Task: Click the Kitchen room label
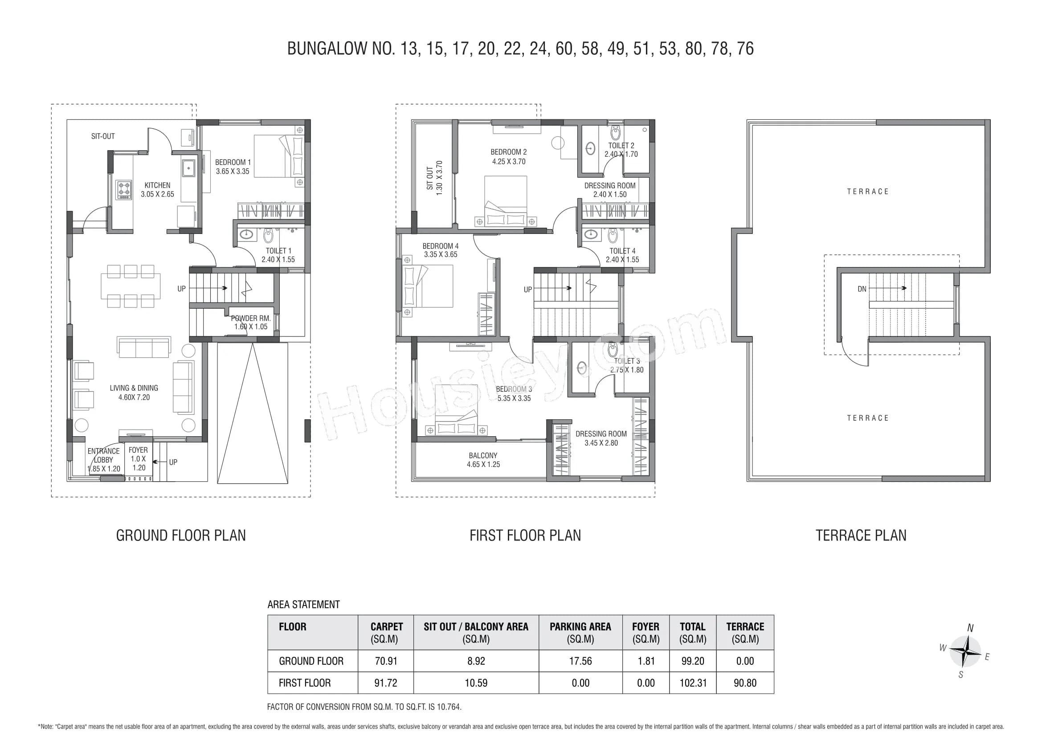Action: tap(157, 185)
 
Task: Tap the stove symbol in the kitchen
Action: tap(124, 190)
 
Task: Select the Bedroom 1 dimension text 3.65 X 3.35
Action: tap(233, 172)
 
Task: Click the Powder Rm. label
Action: tap(250, 319)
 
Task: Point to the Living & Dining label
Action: tap(134, 388)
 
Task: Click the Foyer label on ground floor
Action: tap(138, 450)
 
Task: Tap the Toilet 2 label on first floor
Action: tap(621, 146)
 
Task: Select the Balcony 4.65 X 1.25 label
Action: tap(483, 460)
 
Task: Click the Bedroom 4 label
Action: tap(440, 246)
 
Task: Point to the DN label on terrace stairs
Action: tap(862, 289)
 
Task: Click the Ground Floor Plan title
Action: tap(180, 536)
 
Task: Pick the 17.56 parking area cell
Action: tap(580, 661)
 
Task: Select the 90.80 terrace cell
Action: tap(745, 683)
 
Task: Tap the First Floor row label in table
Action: tap(305, 683)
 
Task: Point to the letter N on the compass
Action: tap(970, 628)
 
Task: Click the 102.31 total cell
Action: tap(693, 683)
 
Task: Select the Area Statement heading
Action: tap(303, 605)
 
